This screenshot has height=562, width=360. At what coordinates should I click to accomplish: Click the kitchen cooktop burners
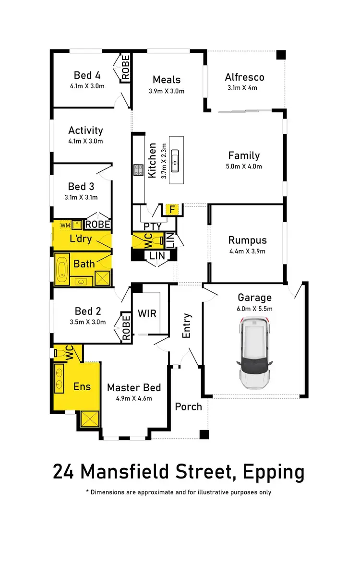pos(138,169)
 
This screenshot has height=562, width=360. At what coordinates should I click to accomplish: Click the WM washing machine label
pos(65,225)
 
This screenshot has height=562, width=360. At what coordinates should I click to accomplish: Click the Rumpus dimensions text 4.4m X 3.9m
pos(247,251)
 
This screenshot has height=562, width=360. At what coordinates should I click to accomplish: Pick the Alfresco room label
pos(244,77)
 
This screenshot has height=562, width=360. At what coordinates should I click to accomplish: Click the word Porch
pos(188,407)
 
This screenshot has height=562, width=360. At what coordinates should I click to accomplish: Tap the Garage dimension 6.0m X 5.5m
pos(254,309)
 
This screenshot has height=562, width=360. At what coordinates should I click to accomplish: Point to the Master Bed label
pos(133,388)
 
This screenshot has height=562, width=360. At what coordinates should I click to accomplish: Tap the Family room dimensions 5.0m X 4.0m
pos(244,167)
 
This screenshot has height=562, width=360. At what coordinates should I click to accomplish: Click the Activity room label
pos(85,131)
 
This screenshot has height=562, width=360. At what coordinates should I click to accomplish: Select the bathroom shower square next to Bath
pos(102,278)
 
